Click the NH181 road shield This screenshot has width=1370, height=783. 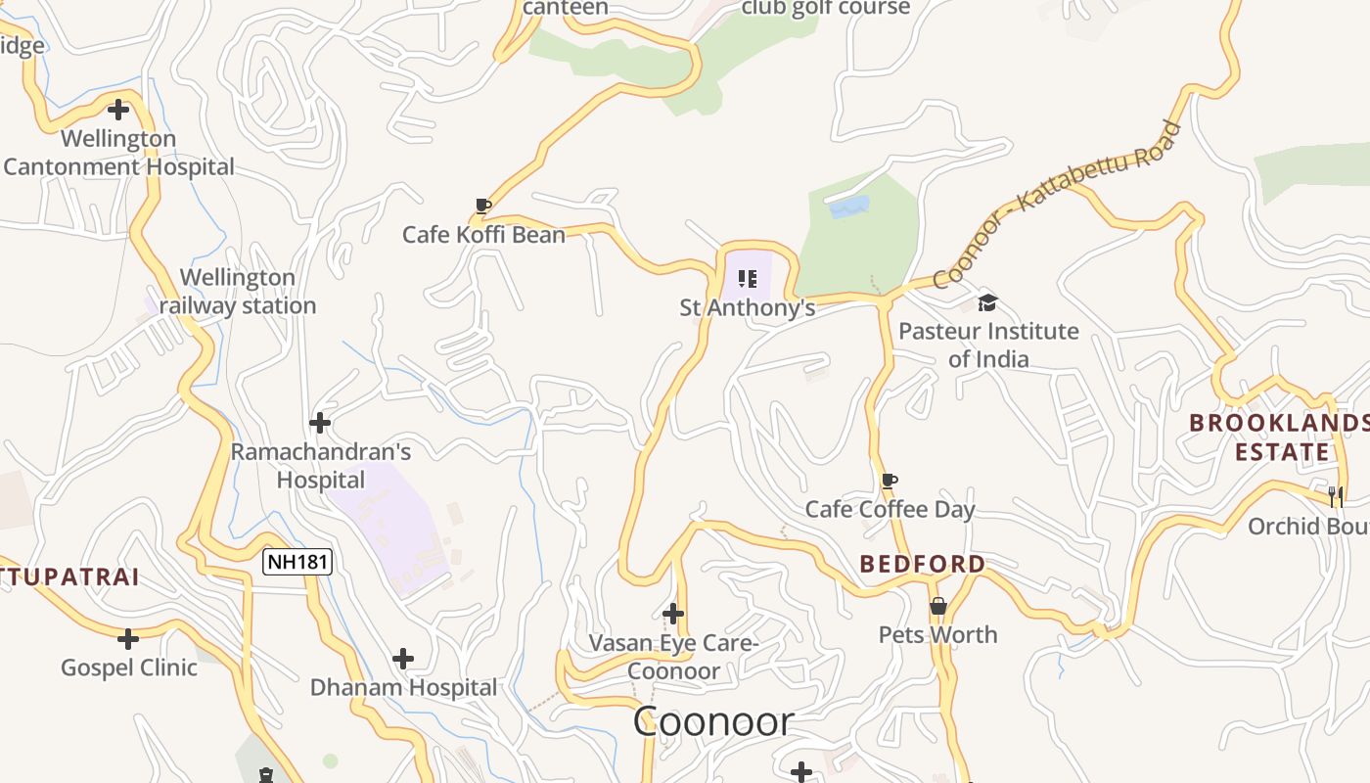pos(297,562)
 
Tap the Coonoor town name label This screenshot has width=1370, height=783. pos(712,722)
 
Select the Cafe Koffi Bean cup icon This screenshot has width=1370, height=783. pos(482,206)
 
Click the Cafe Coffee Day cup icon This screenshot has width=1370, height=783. pos(889,481)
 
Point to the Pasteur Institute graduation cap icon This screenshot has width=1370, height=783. pos(987,302)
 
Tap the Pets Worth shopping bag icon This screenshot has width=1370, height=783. pos(937,606)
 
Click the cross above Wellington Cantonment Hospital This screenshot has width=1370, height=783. pos(118,110)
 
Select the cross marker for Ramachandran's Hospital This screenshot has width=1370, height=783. pos(320,424)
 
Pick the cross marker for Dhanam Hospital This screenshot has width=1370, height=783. pos(402,659)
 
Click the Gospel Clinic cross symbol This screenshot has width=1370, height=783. pos(128,639)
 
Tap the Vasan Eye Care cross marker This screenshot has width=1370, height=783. pos(673,614)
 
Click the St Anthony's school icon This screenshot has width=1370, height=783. pos(748,279)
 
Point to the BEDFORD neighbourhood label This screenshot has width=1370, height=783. pos(923,564)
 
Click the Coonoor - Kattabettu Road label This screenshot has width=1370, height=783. pos(1057,205)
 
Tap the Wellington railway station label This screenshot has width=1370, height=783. pos(238,292)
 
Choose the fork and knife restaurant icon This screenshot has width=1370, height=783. pos(1336,496)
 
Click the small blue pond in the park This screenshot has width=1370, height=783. pos(848,207)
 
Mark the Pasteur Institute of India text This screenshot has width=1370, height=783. pos(988,345)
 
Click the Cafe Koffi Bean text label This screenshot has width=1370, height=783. pos(483,235)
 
